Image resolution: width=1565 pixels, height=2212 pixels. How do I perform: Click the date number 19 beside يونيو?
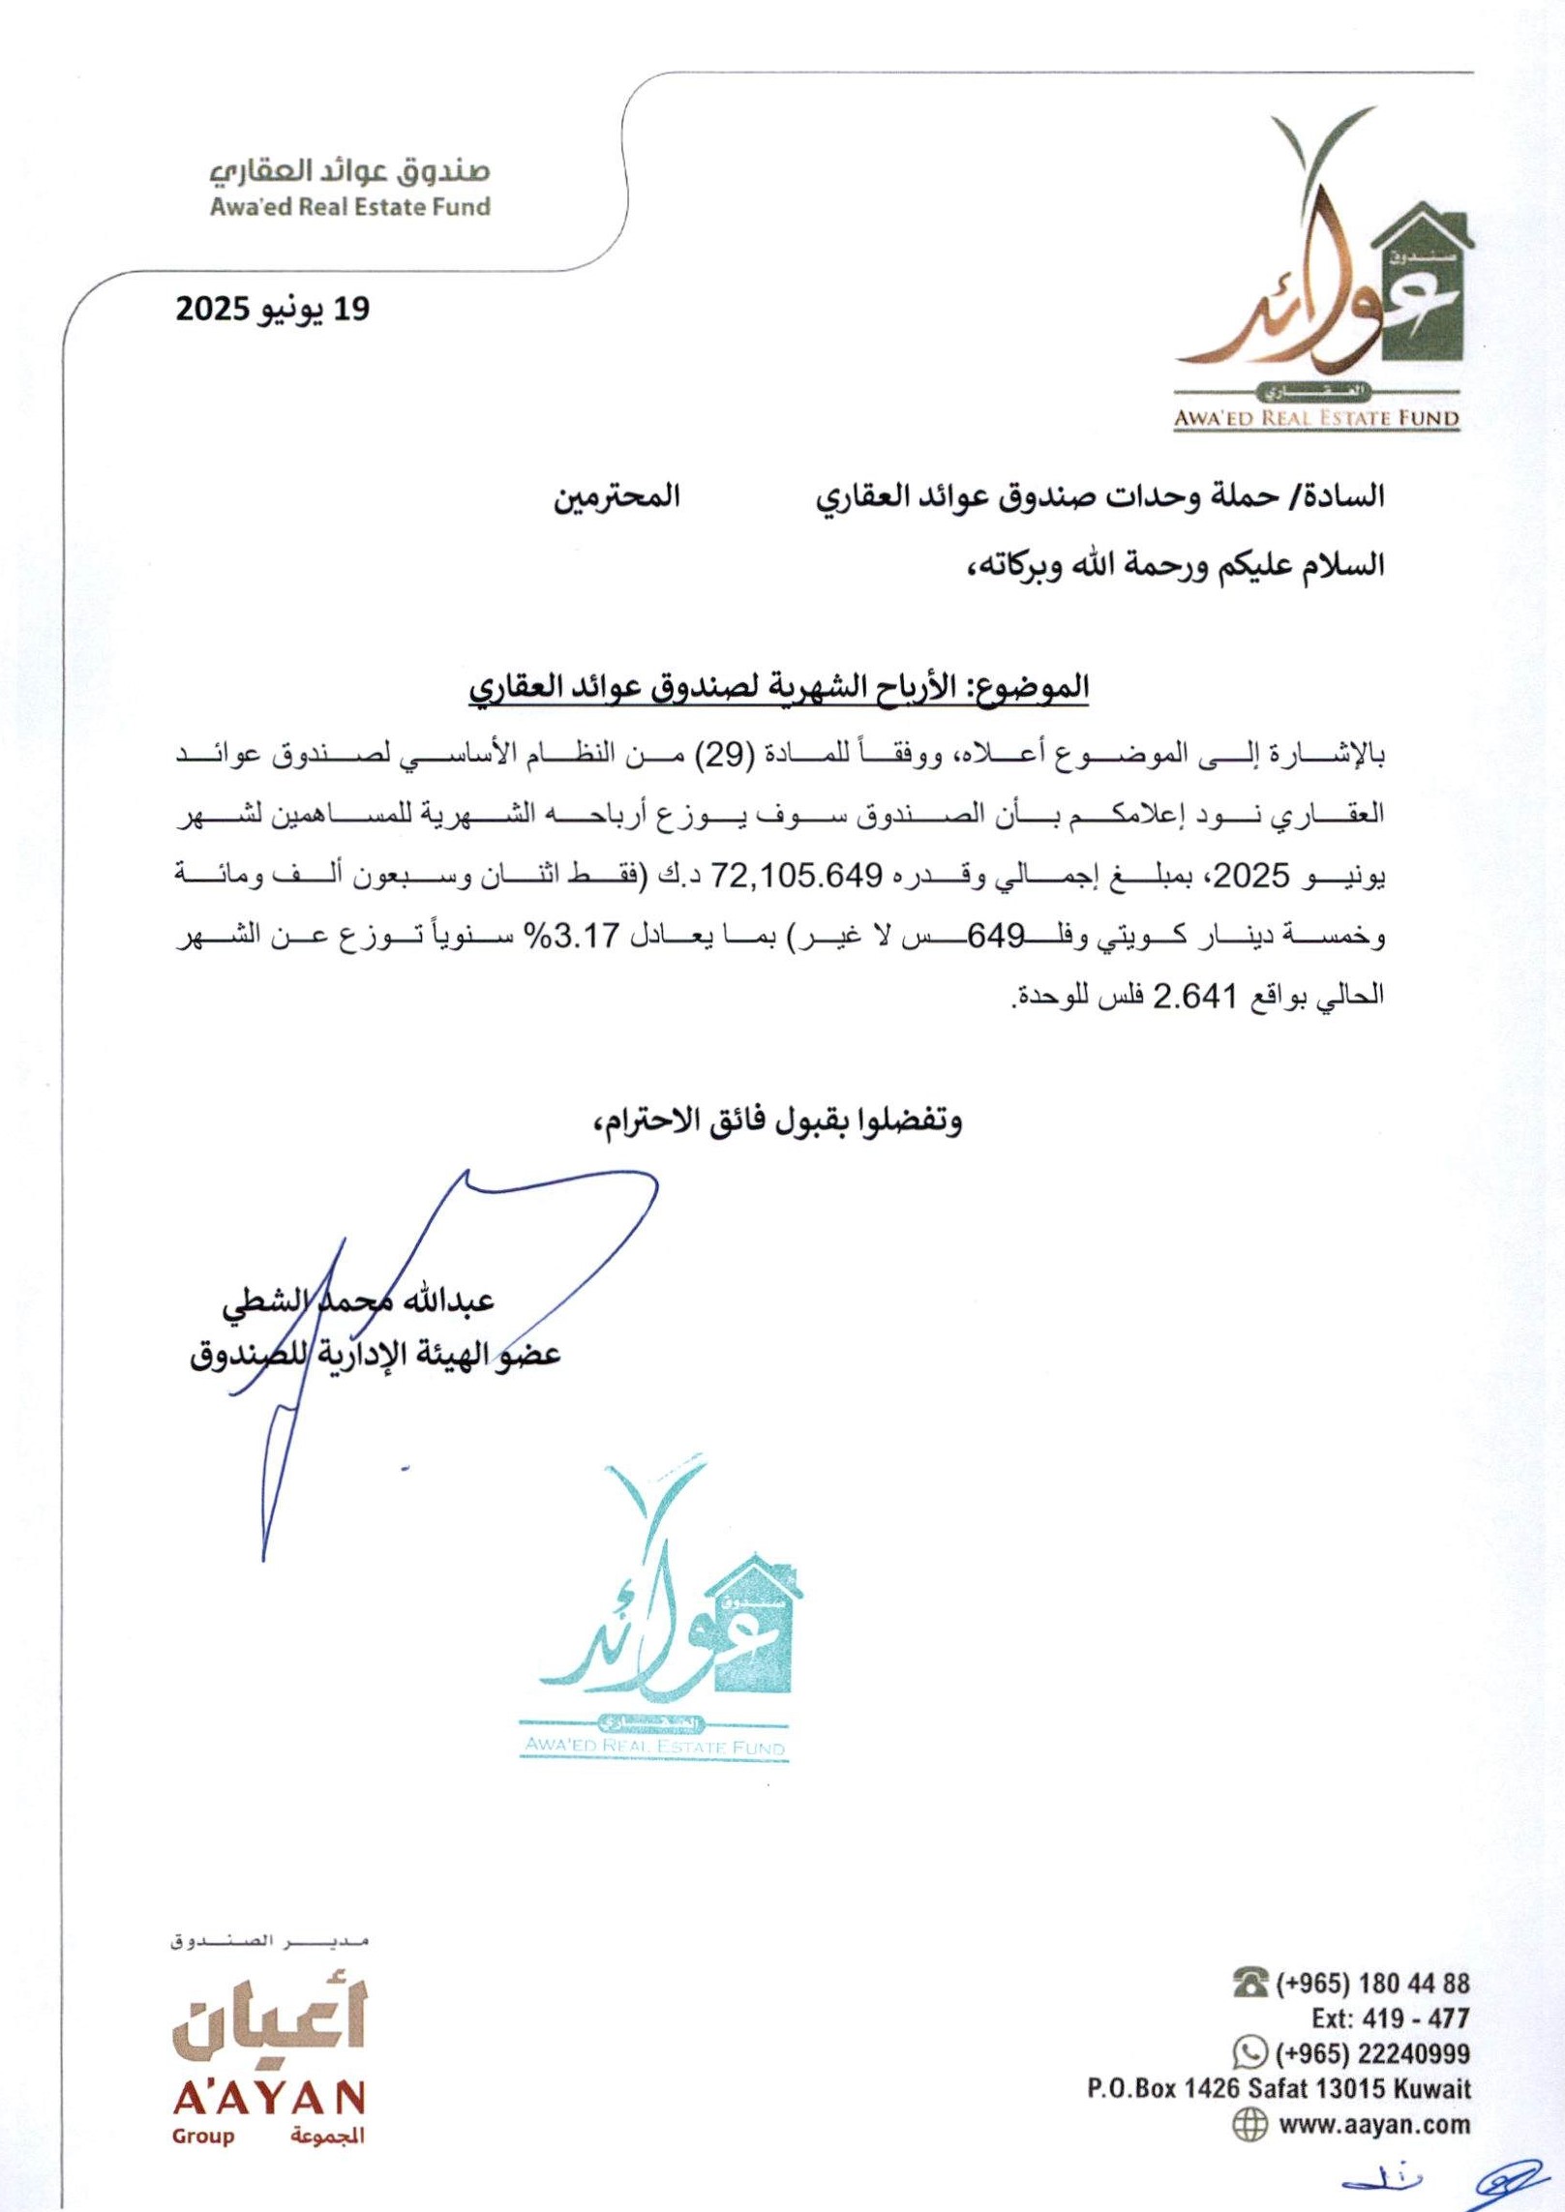(350, 310)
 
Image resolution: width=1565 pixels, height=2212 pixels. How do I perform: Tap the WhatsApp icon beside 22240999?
(1251, 2052)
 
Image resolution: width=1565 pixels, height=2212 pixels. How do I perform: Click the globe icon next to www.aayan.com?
(1250, 2124)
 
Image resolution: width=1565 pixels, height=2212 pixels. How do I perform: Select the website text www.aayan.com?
(1374, 2125)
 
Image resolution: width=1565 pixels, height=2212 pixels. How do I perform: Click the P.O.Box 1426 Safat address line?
(1279, 2089)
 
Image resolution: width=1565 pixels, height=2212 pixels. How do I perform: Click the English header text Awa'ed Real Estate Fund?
(350, 206)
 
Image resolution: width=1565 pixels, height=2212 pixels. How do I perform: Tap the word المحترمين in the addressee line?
(617, 497)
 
